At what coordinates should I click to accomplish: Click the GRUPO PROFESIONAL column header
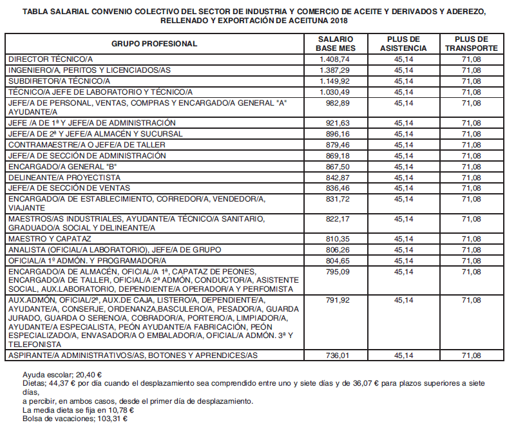155,44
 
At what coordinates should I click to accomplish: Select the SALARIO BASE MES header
334,44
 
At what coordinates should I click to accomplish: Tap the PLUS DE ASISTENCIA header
403,44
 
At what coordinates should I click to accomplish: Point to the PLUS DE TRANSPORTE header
471,44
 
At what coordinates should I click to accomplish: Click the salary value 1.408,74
334,59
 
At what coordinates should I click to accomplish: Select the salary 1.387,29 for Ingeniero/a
334,70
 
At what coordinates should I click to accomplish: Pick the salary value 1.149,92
334,80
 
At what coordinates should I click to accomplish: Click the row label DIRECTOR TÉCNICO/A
51,59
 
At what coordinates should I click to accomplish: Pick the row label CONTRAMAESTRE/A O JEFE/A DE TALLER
87,145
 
